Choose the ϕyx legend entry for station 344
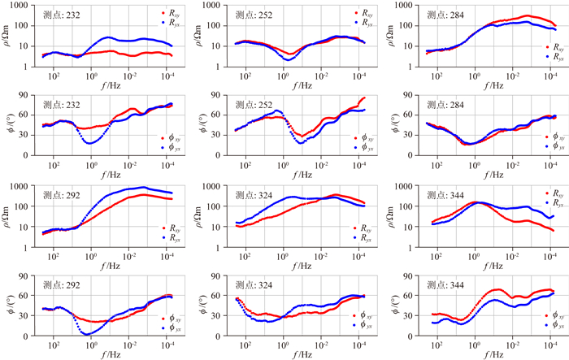click(550, 324)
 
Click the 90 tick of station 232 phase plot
click(27, 94)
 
